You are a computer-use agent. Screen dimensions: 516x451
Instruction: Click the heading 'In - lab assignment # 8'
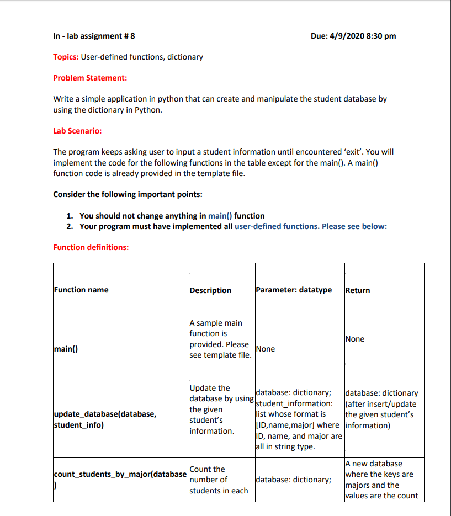pos(94,36)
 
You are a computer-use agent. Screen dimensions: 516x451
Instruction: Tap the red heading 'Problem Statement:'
pos(90,78)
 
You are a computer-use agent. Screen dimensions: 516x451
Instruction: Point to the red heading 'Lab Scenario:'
pos(77,131)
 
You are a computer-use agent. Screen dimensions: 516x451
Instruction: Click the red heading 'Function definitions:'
pos(91,247)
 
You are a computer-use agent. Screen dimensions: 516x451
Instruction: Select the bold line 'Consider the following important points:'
pos(128,194)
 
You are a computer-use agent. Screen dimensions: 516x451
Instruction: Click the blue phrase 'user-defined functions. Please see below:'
pos(311,226)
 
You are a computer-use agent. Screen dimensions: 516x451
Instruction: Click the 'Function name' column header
pos(81,290)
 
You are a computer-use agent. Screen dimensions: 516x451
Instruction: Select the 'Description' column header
pos(210,290)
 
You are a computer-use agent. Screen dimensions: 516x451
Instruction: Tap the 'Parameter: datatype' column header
pos(294,290)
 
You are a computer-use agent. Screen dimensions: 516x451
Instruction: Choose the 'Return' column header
pos(357,290)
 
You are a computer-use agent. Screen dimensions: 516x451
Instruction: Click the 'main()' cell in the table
pos(65,349)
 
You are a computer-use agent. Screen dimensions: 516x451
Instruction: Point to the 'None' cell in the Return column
pos(354,339)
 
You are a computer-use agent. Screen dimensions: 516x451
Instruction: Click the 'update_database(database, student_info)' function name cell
pos(105,420)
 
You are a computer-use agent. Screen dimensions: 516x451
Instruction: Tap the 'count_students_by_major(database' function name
pos(120,474)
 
